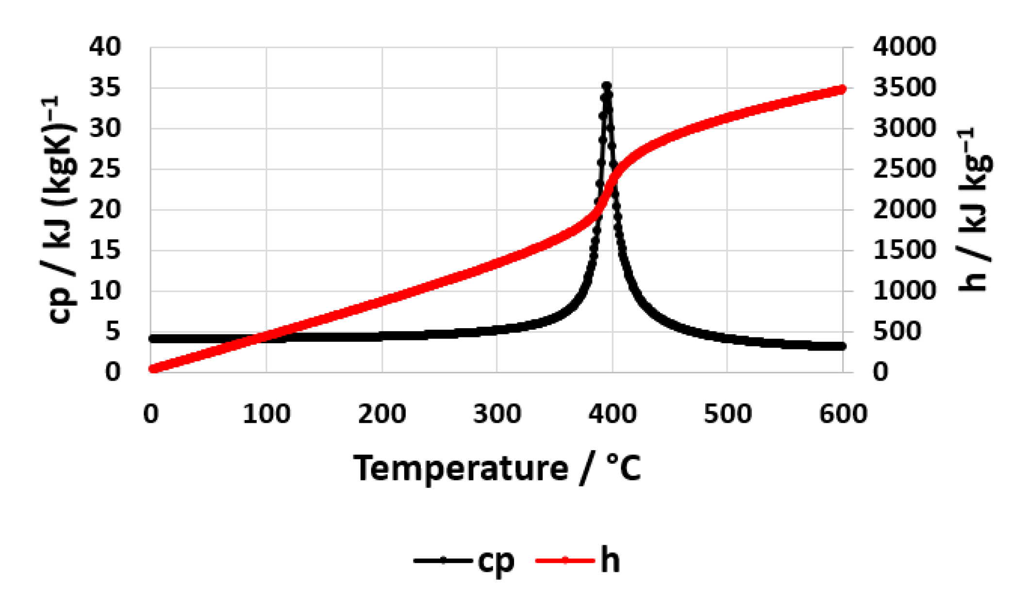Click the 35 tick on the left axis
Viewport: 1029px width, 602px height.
(104, 88)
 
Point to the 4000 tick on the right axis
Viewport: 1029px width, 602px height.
(904, 47)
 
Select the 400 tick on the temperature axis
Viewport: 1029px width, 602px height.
(612, 414)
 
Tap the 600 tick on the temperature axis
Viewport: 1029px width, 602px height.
(843, 414)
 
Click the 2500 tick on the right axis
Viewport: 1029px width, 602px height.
(904, 169)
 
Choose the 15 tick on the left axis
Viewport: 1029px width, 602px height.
(104, 251)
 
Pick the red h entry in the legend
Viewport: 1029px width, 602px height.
(578, 561)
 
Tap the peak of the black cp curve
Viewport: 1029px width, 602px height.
(607, 86)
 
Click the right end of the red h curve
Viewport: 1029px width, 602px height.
(843, 89)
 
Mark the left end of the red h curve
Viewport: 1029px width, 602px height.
(152, 369)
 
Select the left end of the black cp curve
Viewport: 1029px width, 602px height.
(152, 339)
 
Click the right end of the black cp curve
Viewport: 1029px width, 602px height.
(843, 346)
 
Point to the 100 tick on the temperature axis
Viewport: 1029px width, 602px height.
(266, 414)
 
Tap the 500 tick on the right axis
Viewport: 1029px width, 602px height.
(897, 332)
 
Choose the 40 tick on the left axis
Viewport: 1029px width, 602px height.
(104, 47)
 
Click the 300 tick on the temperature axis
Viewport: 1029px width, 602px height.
(497, 414)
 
